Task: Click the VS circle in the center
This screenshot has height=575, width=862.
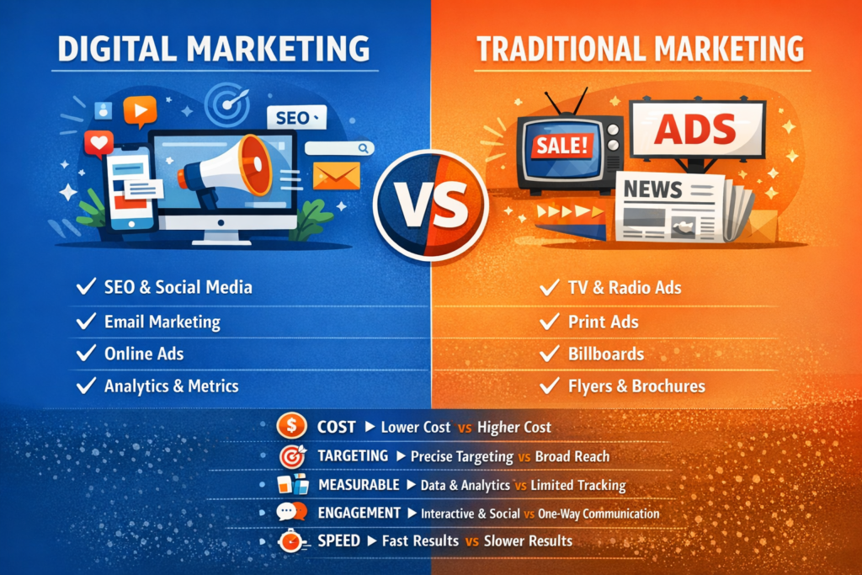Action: coord(430,199)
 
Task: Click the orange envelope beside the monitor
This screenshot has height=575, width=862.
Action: coord(336,175)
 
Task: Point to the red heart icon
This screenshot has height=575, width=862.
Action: coord(98,143)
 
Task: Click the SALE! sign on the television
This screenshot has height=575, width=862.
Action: coord(559,146)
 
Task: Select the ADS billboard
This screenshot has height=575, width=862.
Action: coord(697,129)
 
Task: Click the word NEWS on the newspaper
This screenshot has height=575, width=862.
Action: coord(653,190)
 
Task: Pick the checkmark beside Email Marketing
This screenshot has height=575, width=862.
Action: coord(85,322)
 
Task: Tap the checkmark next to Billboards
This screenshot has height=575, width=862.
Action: coord(550,354)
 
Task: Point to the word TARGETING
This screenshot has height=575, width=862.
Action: coord(353,455)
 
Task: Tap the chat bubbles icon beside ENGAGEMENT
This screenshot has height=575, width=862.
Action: coord(290,512)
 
